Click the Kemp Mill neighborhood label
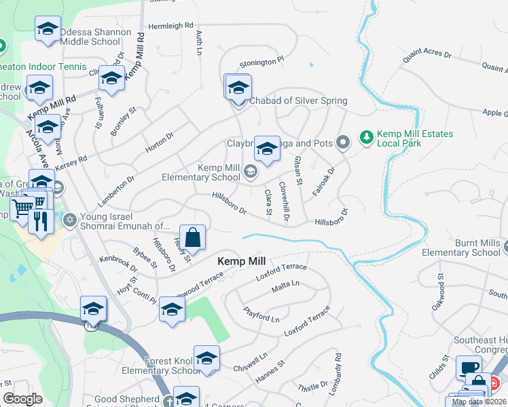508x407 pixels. point(241,261)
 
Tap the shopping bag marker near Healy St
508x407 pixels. point(193,238)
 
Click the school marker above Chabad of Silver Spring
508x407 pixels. point(238,88)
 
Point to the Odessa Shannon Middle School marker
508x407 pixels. point(48,29)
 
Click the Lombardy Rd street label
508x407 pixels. point(337,366)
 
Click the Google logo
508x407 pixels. point(22,399)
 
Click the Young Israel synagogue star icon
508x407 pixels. point(69,220)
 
